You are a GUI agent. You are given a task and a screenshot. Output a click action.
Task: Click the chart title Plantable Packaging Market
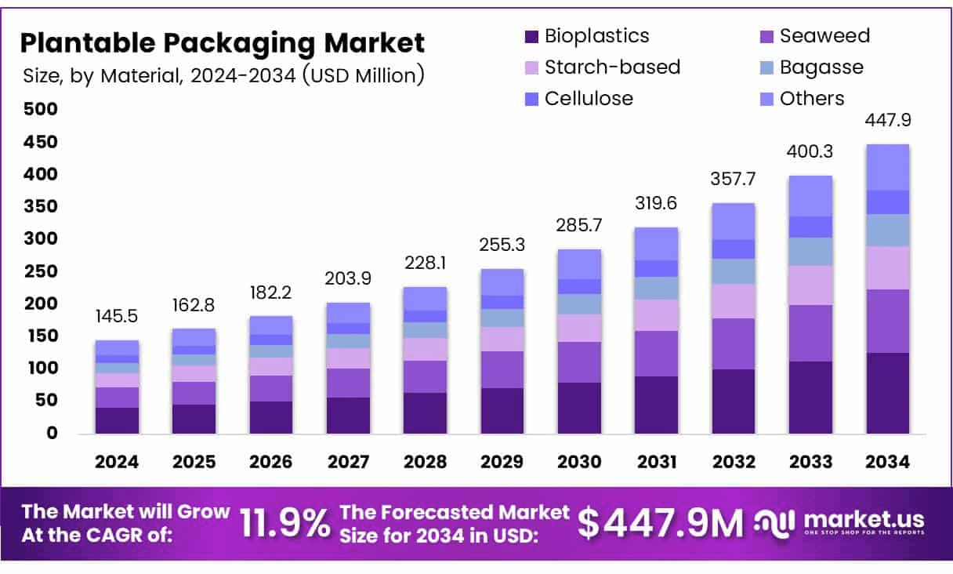click(222, 42)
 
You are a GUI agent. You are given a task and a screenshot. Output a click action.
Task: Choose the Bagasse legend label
click(821, 67)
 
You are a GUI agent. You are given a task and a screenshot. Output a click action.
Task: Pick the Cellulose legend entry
click(589, 99)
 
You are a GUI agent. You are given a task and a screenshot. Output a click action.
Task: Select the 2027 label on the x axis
click(348, 462)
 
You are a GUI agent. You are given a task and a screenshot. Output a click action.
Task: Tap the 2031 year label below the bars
click(656, 462)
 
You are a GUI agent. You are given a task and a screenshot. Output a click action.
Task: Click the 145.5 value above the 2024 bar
click(118, 318)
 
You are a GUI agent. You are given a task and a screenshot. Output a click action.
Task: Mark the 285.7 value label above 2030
click(579, 227)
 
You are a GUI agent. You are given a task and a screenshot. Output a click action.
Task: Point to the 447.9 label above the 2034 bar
click(887, 121)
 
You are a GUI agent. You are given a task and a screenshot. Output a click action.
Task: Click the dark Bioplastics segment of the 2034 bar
click(887, 393)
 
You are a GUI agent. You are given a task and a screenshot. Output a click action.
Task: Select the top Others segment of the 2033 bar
click(810, 196)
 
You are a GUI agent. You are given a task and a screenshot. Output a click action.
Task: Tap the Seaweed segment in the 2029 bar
click(502, 369)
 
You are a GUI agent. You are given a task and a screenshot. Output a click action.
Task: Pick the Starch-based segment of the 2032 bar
click(734, 301)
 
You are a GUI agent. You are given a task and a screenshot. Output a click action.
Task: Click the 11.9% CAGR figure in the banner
click(284, 524)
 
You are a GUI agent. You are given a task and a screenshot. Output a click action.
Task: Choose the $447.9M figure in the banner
click(660, 524)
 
